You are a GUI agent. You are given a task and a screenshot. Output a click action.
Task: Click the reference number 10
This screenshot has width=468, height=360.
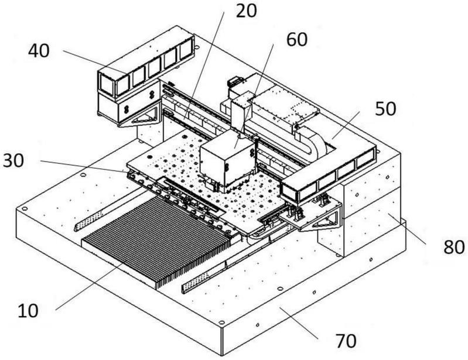point(28,311)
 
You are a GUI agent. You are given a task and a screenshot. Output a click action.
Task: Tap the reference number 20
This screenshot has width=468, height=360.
point(246,11)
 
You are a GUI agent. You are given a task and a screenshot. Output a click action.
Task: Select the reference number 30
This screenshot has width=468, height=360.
point(13,161)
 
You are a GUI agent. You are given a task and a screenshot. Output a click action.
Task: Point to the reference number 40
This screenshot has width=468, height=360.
point(39,51)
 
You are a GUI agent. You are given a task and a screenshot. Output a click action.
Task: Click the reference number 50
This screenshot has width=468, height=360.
point(385,108)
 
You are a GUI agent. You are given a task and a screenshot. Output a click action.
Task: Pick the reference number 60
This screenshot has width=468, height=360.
point(297,39)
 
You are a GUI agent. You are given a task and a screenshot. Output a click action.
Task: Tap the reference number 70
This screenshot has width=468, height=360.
point(346,341)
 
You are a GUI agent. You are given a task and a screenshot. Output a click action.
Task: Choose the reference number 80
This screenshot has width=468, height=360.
point(454,247)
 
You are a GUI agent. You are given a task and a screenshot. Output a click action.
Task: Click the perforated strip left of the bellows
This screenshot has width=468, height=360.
point(89,220)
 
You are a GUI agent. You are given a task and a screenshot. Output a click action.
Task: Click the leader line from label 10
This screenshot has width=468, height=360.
point(89,286)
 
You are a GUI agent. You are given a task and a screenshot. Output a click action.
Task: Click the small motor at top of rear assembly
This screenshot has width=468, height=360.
point(235,81)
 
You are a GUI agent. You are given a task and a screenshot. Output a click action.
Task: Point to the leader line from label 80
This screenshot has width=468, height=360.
point(407,228)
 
